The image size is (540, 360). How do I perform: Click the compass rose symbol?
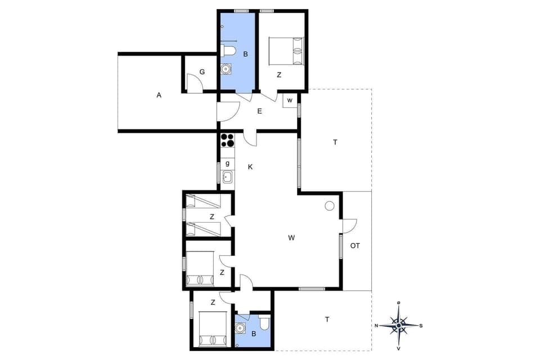click(399, 325)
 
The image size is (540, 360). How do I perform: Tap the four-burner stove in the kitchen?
click(227, 139)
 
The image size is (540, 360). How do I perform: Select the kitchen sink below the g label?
click(227, 177)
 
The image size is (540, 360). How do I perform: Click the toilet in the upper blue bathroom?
click(228, 51)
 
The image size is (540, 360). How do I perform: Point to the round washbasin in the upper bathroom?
click(226, 69)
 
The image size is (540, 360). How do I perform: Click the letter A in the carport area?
click(159, 96)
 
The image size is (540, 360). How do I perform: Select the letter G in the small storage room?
click(202, 72)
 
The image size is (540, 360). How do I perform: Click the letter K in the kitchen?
click(250, 167)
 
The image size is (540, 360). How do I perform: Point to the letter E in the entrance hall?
click(259, 111)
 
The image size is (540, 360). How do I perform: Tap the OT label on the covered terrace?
click(355, 246)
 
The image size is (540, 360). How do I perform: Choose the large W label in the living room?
click(291, 238)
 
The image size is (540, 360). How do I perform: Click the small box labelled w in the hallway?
click(290, 100)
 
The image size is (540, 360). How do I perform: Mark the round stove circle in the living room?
click(330, 206)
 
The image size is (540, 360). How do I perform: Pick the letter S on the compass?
click(421, 326)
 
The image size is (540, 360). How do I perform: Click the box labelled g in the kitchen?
click(227, 163)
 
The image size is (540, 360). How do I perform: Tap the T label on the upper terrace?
click(335, 142)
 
